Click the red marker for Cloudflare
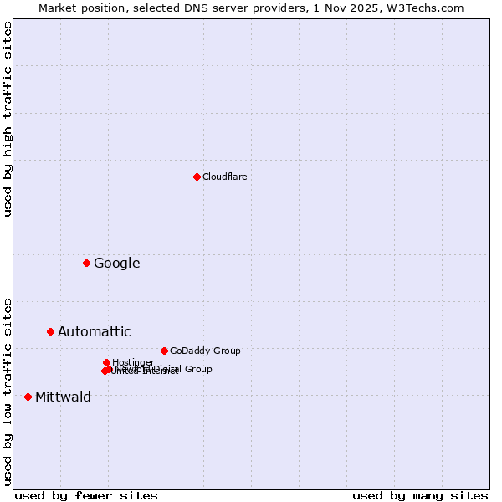pos(197,177)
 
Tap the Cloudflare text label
pos(224,177)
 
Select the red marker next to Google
pos(86,263)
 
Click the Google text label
pos(116,263)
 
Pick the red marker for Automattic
pos(50,331)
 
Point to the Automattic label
pos(94,331)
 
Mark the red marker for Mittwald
pos(28,397)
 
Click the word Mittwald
pos(63,397)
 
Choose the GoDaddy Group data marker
pos(164,351)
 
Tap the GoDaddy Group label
pos(205,351)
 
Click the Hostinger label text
pos(133,362)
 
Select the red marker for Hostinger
pos(106,362)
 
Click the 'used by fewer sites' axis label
pos(86,495)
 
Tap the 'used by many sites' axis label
pos(420,495)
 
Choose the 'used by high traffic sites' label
pos(8,119)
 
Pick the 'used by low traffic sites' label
pos(8,391)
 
